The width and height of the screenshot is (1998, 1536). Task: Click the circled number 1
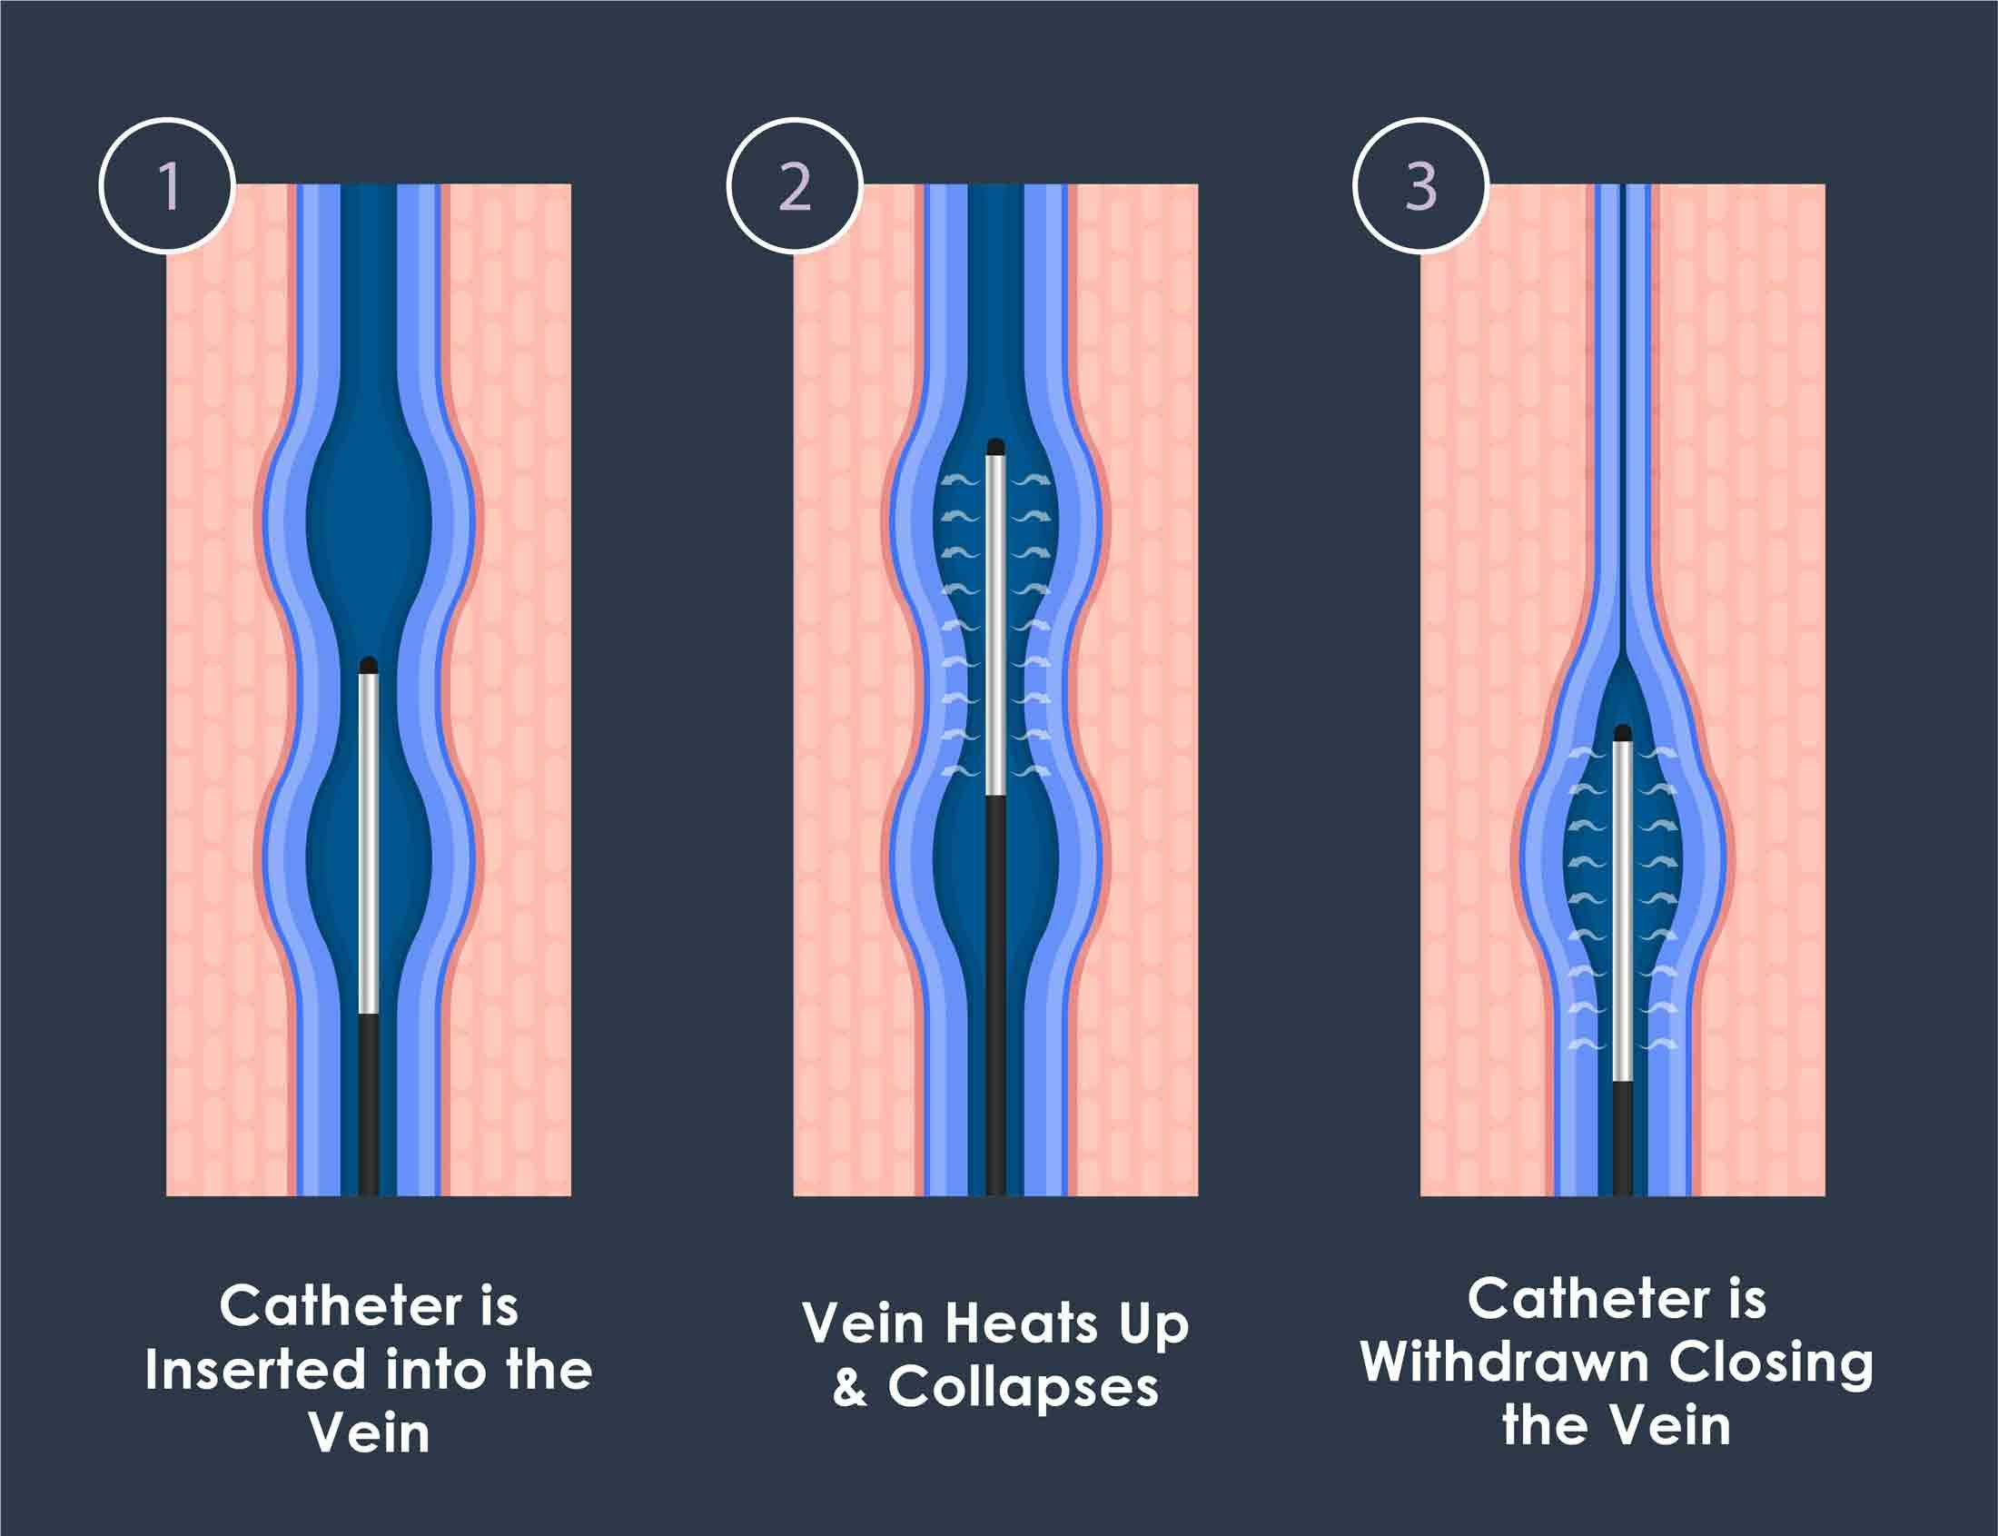pos(167,185)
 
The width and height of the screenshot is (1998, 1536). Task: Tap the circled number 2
pos(795,185)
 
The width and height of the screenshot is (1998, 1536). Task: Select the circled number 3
pos(1420,185)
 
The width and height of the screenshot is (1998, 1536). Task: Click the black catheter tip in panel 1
pos(369,666)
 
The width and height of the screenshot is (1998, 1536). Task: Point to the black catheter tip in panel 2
pos(996,448)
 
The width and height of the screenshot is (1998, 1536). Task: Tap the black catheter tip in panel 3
pos(1622,732)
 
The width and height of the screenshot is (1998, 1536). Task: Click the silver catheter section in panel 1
pos(369,841)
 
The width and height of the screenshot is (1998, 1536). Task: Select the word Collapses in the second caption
pos(1023,1388)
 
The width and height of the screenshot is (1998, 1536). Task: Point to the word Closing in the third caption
pos(1771,1366)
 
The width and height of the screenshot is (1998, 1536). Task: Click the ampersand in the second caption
pos(850,1388)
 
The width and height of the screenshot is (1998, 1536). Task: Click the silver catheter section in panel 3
pos(1622,915)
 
